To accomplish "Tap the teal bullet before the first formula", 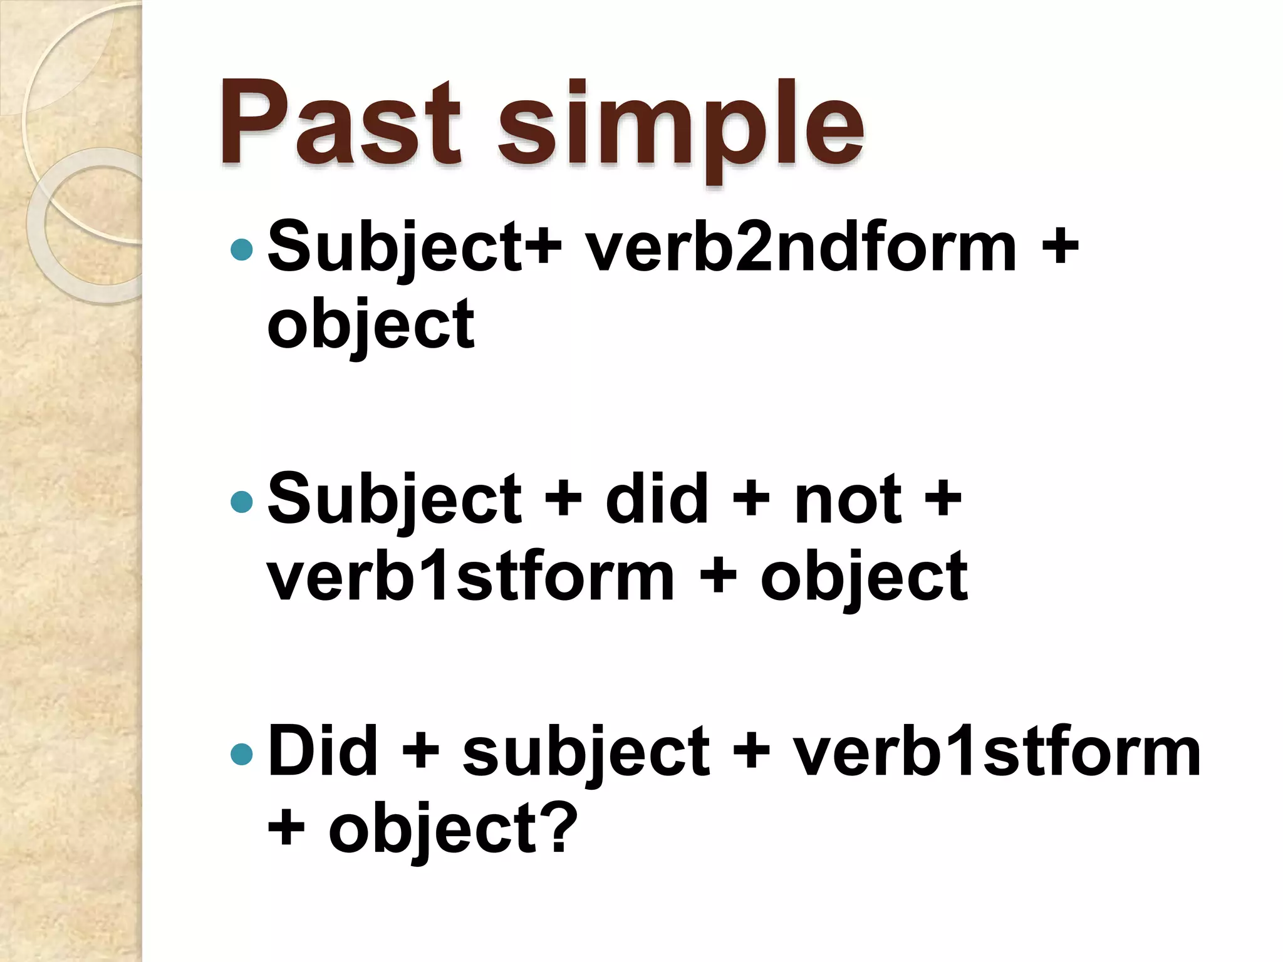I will [241, 250].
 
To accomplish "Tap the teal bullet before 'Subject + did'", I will [241, 501].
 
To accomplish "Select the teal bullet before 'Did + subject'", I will [241, 754].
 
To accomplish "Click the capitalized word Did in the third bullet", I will [323, 752].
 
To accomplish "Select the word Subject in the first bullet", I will [395, 249].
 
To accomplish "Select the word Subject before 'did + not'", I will [395, 501].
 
